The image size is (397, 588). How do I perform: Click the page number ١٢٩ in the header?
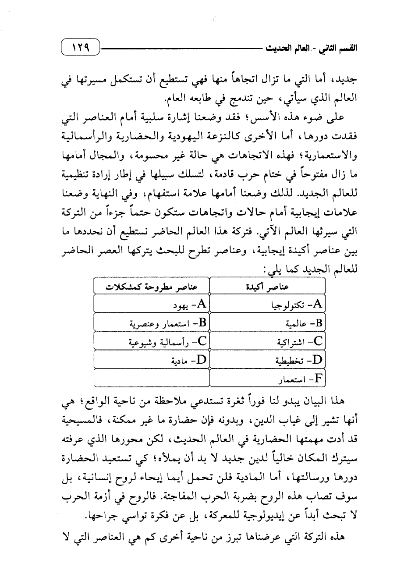pos(80,46)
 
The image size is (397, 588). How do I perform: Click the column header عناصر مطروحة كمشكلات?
pos(152,286)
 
